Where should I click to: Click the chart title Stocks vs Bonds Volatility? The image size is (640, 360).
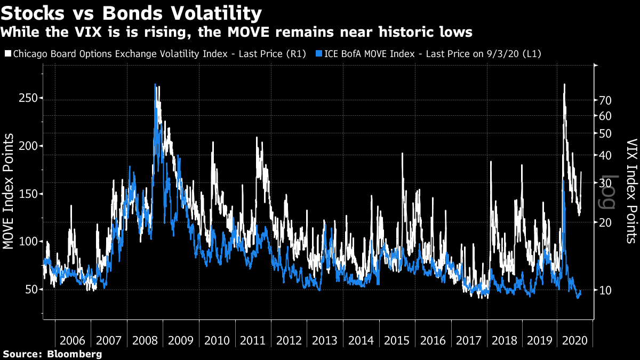point(132,13)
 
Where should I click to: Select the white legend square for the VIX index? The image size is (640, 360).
point(7,54)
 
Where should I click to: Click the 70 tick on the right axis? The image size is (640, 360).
point(605,100)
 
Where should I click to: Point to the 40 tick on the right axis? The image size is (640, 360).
point(605,155)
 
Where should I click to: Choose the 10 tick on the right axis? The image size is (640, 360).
point(605,290)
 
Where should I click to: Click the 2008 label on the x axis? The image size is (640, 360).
point(145,340)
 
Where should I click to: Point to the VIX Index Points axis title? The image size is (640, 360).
point(631,191)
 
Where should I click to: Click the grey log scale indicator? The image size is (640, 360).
point(610,193)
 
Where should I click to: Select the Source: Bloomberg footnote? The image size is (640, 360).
point(52,354)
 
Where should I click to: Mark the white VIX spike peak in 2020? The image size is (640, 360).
point(564,84)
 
